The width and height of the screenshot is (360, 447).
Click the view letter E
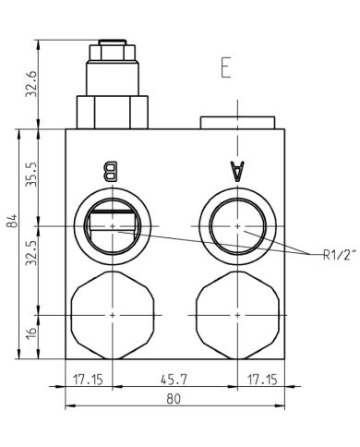(x=224, y=68)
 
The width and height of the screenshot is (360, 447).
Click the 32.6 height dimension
(x=31, y=84)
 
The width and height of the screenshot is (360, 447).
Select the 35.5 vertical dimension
(x=31, y=175)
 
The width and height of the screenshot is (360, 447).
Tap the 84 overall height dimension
(x=11, y=223)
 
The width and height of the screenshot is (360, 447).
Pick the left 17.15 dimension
(x=88, y=379)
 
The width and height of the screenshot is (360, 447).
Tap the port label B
(x=111, y=172)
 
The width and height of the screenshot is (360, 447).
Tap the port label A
(x=237, y=172)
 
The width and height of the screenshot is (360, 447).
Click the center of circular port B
(x=111, y=224)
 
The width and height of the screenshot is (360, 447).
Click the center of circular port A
(x=237, y=224)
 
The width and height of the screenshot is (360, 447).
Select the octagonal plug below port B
(x=111, y=314)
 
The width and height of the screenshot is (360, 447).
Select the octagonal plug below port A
(x=237, y=314)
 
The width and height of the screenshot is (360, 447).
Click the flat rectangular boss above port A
(x=237, y=123)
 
